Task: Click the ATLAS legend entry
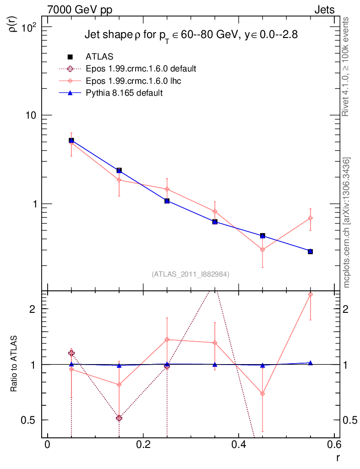pyautogui.click(x=99, y=57)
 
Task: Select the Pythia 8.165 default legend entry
pyautogui.click(x=124, y=93)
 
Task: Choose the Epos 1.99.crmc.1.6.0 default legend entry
pyautogui.click(x=141, y=69)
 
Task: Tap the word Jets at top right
pyautogui.click(x=324, y=10)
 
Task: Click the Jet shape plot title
pyautogui.click(x=191, y=35)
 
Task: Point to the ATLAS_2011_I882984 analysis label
pyautogui.click(x=191, y=274)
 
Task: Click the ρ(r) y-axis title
pyautogui.click(x=14, y=22)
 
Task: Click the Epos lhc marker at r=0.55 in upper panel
pyautogui.click(x=311, y=218)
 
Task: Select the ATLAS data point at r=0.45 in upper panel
pyautogui.click(x=262, y=235)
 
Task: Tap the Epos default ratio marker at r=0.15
pyautogui.click(x=119, y=418)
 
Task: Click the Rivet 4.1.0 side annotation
pyautogui.click(x=346, y=67)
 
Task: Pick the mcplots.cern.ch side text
pyautogui.click(x=346, y=223)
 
